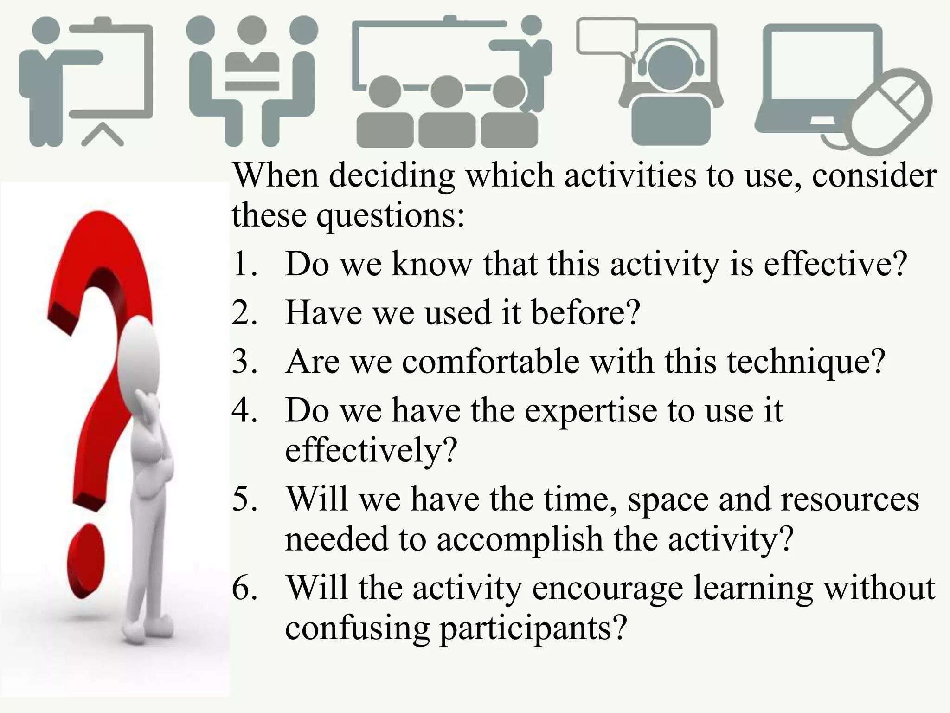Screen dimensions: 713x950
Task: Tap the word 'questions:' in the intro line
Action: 391,216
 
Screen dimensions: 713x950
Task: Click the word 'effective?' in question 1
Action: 835,264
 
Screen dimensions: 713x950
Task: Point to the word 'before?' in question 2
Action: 585,312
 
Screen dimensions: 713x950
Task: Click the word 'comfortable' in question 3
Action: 490,361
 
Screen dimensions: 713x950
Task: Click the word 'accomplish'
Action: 520,539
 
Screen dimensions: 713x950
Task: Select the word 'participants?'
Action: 533,628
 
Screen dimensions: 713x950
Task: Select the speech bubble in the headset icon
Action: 606,37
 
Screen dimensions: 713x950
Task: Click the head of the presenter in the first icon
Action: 46,31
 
